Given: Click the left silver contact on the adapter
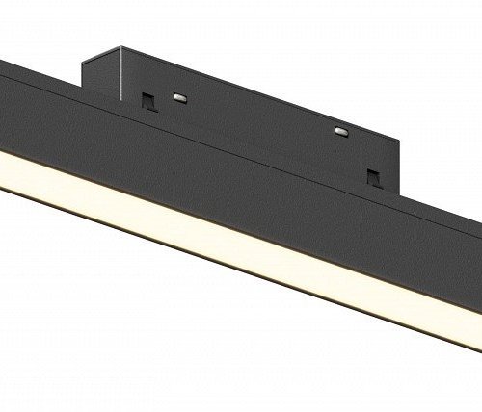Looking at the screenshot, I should (x=179, y=96).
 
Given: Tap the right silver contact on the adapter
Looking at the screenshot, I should (x=339, y=129).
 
